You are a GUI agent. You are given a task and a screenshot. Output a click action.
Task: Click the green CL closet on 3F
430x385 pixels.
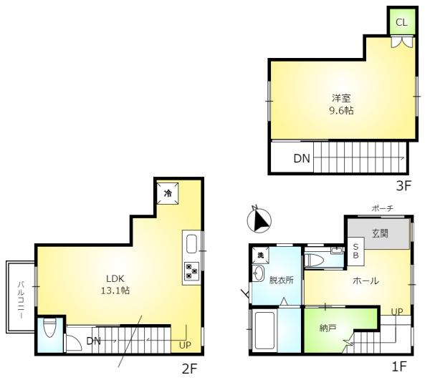tap(402, 22)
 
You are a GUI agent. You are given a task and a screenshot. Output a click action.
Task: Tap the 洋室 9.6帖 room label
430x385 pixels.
tap(341, 104)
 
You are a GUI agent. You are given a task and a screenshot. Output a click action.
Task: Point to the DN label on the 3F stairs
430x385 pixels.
tap(302, 159)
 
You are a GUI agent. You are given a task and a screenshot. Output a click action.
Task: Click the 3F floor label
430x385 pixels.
tap(403, 186)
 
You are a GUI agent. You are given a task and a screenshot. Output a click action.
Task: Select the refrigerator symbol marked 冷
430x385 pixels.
tap(168, 193)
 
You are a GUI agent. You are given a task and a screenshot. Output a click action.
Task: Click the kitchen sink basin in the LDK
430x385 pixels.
tap(191, 244)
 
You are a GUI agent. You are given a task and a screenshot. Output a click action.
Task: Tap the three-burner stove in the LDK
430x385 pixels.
tap(191, 271)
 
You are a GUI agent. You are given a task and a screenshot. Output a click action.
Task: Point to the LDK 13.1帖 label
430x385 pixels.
tap(115, 285)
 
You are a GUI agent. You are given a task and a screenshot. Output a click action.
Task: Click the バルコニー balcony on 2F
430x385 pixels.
tap(21, 297)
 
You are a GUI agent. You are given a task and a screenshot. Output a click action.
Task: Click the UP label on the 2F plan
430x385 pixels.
tap(185, 345)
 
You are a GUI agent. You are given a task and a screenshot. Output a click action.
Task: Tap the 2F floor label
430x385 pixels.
tap(189, 369)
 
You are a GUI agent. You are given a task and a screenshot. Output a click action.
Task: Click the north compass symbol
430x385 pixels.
tap(259, 220)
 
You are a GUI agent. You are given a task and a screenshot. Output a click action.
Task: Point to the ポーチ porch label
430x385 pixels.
tap(383, 209)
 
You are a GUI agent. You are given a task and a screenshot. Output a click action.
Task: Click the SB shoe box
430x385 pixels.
tap(355, 251)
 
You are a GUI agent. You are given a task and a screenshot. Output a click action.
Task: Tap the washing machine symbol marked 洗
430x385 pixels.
tap(260, 255)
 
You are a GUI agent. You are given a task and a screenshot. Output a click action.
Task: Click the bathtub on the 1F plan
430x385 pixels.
tap(264, 330)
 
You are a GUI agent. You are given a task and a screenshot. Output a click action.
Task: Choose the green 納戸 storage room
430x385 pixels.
tap(328, 328)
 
